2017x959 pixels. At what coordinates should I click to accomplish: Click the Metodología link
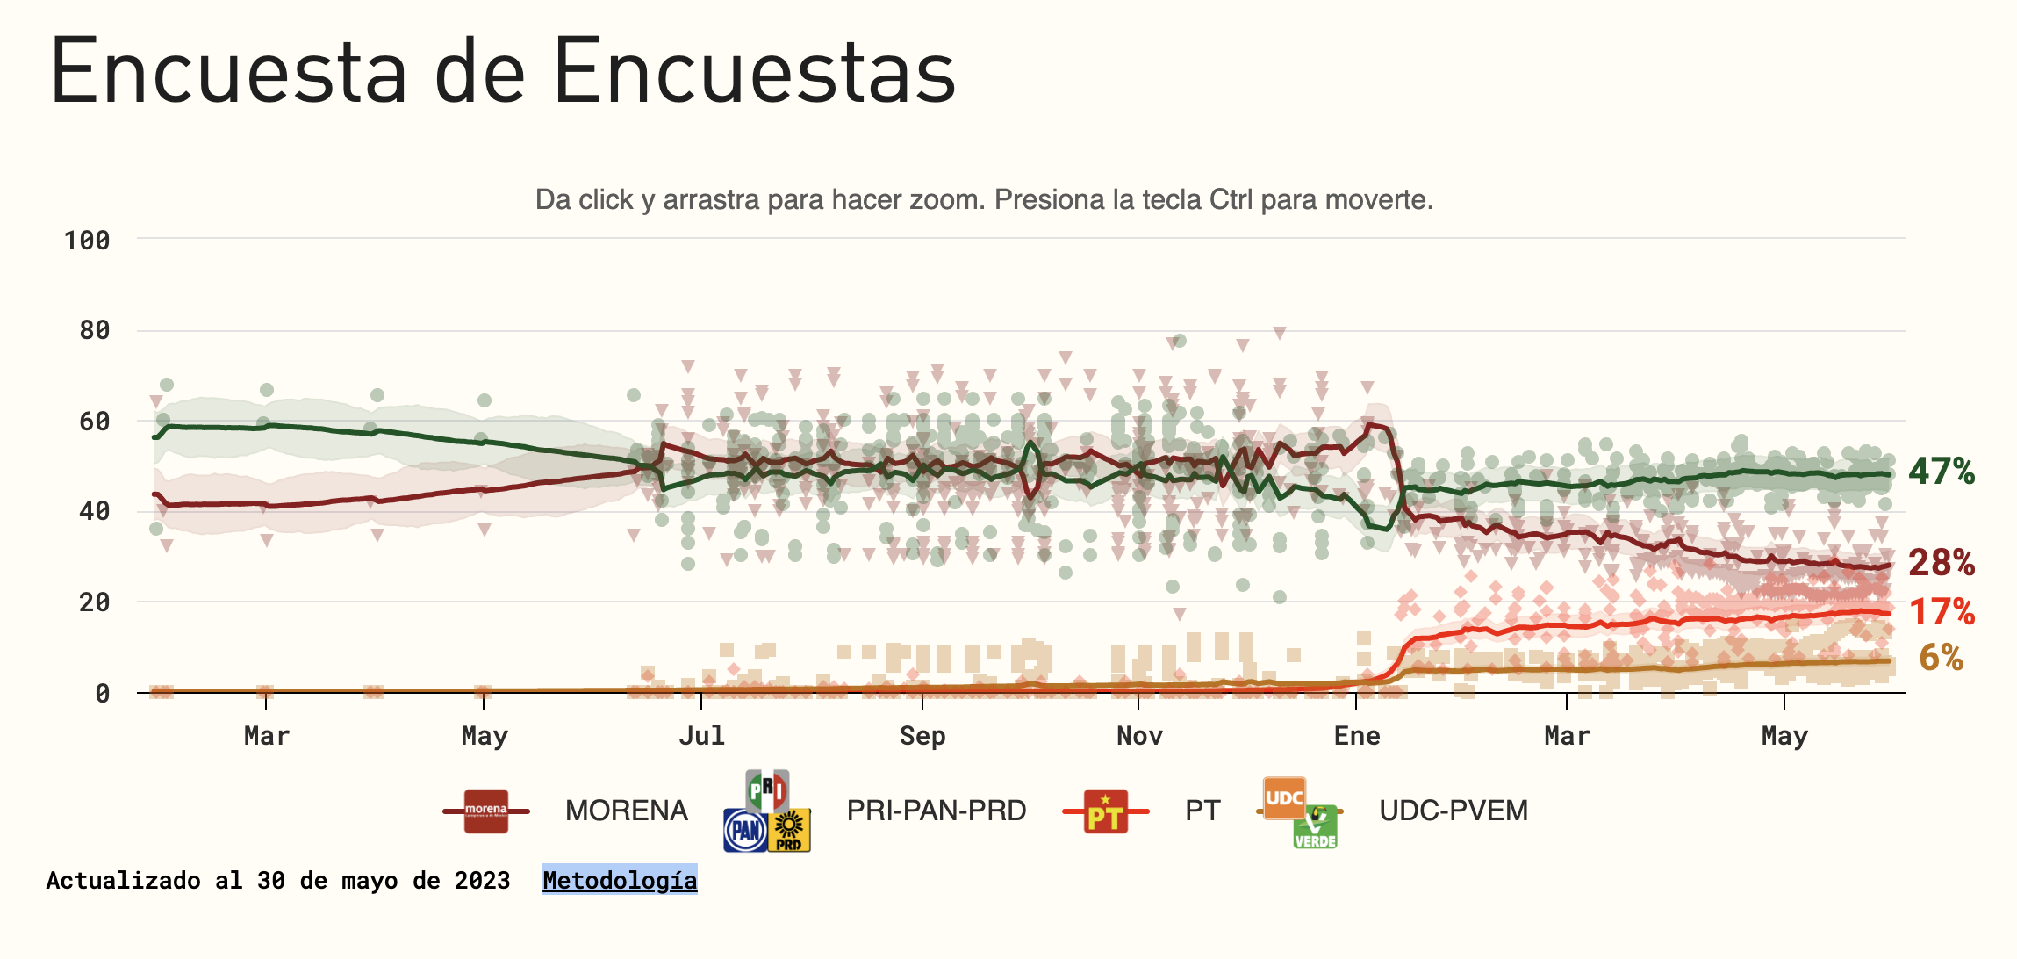(x=620, y=880)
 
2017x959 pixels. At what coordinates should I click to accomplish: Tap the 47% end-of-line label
(x=1942, y=472)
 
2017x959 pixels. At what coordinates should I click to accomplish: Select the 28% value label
(x=1942, y=563)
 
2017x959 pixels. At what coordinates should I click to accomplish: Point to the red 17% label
(x=1942, y=612)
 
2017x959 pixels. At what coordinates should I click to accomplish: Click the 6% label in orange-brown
(x=1942, y=658)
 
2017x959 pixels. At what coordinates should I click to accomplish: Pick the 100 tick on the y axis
(x=87, y=241)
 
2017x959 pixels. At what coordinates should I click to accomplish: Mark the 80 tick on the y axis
(x=95, y=330)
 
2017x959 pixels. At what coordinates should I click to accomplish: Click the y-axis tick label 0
(x=103, y=694)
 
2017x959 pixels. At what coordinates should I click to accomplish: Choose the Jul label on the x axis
(x=701, y=736)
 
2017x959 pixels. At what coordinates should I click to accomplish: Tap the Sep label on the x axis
(x=922, y=736)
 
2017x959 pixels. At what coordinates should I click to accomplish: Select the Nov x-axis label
(x=1139, y=736)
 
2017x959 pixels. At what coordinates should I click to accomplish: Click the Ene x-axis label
(x=1357, y=736)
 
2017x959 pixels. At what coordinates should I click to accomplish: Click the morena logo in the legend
(x=486, y=811)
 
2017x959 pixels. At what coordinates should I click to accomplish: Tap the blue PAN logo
(x=745, y=830)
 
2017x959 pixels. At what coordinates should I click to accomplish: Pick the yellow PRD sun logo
(x=789, y=830)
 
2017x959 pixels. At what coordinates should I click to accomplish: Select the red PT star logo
(x=1106, y=811)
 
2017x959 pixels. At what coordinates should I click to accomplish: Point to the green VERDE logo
(x=1315, y=827)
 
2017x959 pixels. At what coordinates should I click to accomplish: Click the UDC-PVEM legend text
(x=1454, y=811)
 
